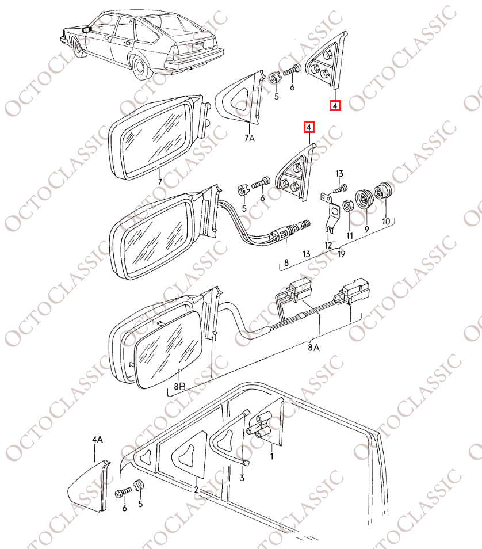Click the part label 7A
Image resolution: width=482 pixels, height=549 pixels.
250,138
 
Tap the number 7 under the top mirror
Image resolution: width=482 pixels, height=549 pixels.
160,182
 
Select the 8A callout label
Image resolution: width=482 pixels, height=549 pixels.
313,348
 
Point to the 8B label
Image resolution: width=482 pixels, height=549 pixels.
179,386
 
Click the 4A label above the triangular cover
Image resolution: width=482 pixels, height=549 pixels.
97,440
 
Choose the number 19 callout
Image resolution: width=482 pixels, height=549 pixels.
341,254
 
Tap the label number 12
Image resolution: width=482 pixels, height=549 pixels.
328,245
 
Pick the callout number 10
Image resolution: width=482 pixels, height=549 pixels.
386,222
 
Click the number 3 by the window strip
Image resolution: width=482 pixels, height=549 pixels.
242,478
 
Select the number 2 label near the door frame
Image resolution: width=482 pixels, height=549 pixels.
196,490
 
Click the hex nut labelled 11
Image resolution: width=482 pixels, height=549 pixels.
348,205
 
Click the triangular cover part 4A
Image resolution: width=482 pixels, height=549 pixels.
88,485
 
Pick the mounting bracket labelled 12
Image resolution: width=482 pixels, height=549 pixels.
330,212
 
